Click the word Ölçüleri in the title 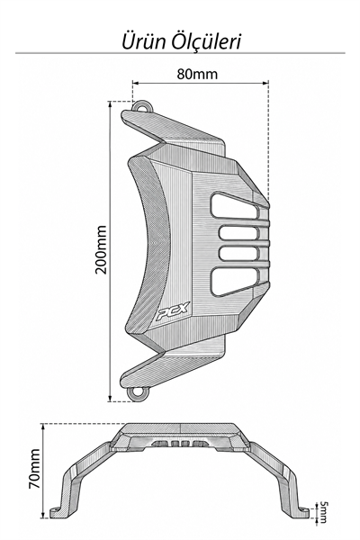click(206, 41)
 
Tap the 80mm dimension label click(197, 74)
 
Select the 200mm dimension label click(101, 249)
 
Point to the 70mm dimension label click(35, 468)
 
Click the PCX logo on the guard click(173, 312)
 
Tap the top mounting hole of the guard click(141, 106)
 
